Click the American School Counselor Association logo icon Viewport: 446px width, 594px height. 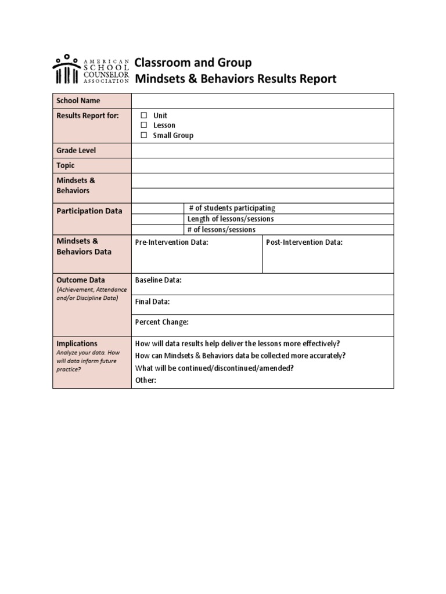tap(67, 70)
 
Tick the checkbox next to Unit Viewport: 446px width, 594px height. tap(144, 115)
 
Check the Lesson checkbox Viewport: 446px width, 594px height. tap(144, 125)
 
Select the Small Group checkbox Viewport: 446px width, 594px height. tap(144, 135)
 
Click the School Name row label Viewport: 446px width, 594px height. tap(78, 100)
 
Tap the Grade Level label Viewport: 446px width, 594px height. tap(76, 150)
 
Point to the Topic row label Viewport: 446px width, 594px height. tap(66, 165)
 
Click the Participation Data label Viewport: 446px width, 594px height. tap(89, 211)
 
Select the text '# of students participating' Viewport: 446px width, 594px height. tap(232, 208)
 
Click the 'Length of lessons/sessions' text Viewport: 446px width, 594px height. tap(230, 219)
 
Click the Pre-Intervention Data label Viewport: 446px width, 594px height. tap(171, 242)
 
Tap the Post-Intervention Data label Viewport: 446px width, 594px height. tap(304, 242)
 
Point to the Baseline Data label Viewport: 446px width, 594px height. tap(158, 280)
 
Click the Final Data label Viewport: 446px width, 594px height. tap(152, 302)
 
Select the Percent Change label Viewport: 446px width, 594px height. tap(161, 323)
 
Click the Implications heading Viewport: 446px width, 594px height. tap(77, 343)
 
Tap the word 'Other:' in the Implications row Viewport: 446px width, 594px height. tap(146, 381)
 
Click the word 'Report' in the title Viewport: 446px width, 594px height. tap(316, 79)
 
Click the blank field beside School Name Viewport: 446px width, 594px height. tap(262, 100)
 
